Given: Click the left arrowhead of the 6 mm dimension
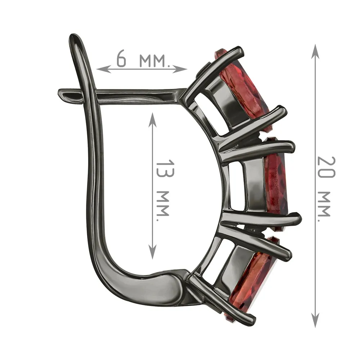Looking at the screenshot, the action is [x=103, y=69].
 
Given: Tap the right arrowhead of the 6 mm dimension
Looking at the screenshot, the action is [x=180, y=69].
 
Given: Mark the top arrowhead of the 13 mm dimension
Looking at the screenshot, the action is [x=152, y=120].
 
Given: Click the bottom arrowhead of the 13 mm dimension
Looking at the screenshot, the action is [x=152, y=251].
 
